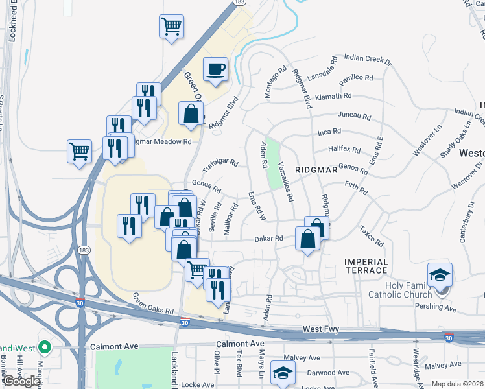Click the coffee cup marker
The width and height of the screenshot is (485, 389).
click(x=216, y=69)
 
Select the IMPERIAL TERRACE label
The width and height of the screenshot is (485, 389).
click(x=366, y=266)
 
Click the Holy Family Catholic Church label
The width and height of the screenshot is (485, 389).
click(x=404, y=289)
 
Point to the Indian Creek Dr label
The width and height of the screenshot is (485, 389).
click(x=368, y=60)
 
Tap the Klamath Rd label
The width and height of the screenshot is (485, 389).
click(x=333, y=96)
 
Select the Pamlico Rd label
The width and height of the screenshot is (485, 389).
click(x=356, y=78)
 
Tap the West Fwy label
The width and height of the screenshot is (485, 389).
click(x=321, y=330)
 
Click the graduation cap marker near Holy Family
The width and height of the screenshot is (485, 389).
click(x=440, y=274)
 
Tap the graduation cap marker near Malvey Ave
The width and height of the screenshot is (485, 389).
click(x=283, y=372)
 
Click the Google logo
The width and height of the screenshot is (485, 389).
click(x=21, y=381)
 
